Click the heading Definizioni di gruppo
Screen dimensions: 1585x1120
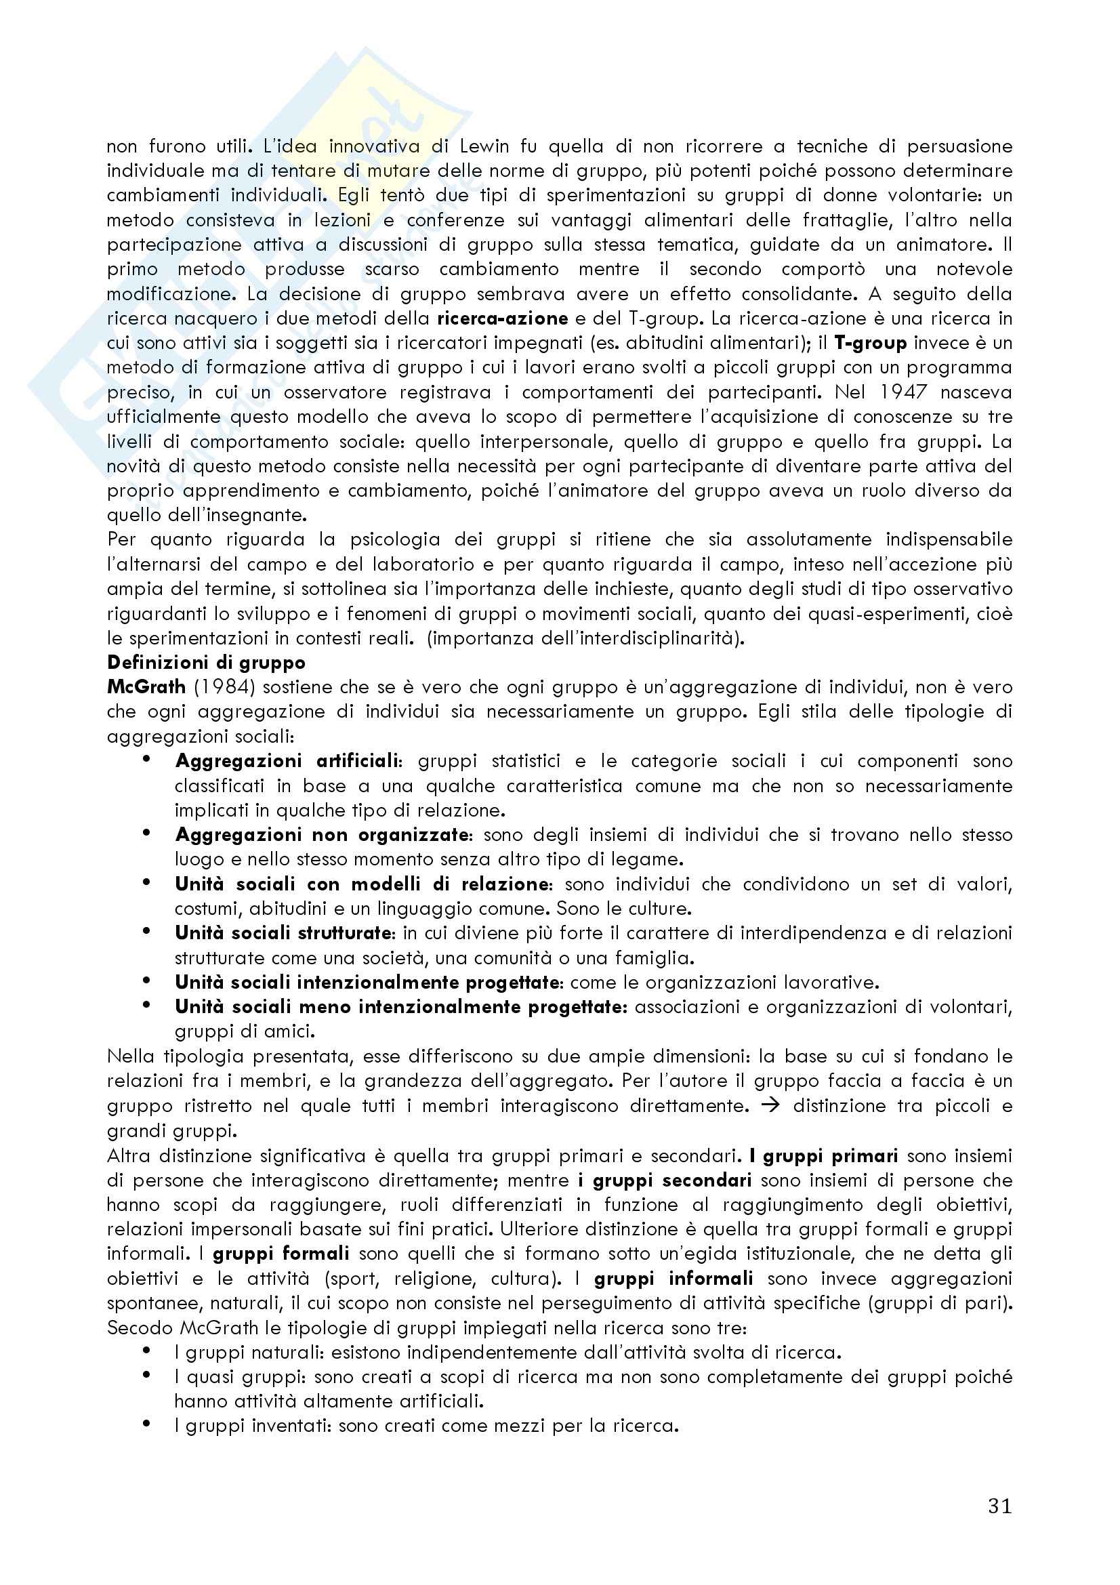pos(206,662)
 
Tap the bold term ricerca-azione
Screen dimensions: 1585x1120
pos(502,318)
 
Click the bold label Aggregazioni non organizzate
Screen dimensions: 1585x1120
pos(322,835)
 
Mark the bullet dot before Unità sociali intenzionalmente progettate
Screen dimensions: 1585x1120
pos(146,981)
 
